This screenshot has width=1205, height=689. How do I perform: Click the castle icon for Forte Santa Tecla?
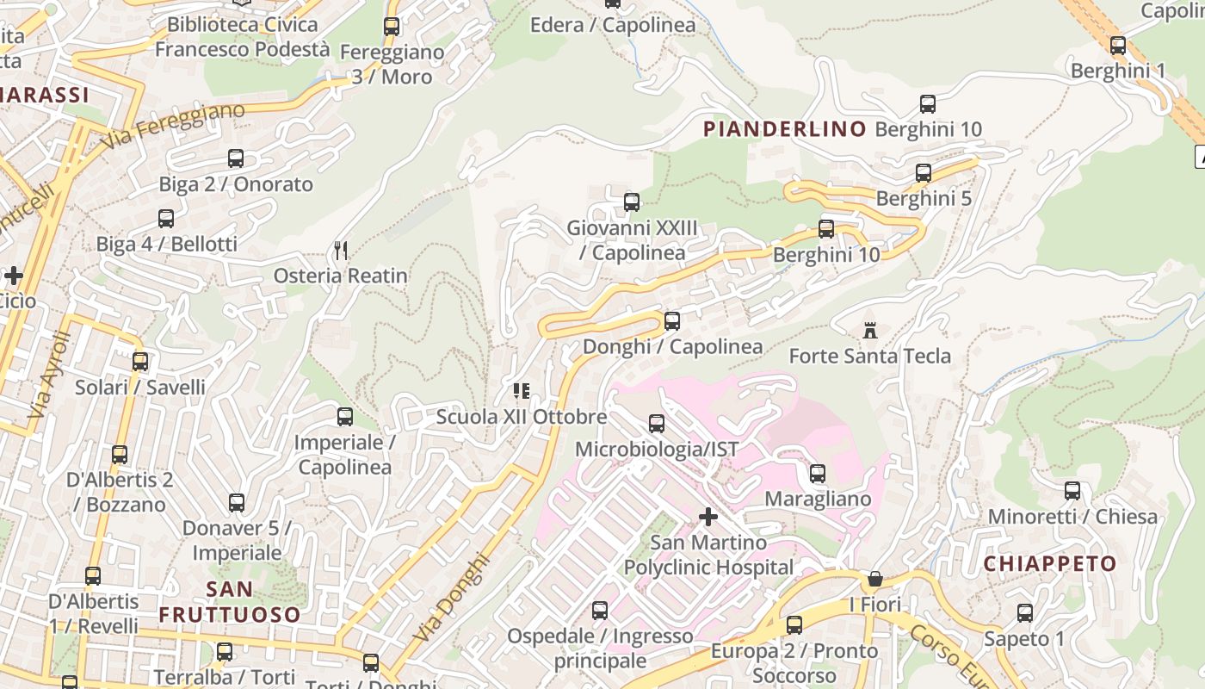pos(870,331)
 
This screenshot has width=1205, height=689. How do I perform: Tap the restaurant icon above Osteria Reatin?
pos(341,251)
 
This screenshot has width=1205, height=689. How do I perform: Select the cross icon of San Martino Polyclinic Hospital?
pos(708,517)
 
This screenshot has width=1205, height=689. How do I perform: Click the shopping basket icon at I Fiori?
pos(875,578)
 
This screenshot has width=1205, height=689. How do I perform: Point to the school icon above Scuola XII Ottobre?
pos(521,391)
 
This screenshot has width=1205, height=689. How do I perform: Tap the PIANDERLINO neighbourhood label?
pos(785,129)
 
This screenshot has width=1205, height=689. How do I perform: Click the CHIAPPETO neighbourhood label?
pos(1049,564)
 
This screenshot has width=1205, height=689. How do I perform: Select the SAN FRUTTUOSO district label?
pos(230,602)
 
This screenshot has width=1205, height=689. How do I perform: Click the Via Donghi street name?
pos(451,598)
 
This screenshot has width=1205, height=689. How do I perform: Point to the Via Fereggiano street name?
pos(173,126)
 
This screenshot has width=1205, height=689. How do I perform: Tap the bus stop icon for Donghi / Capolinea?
pos(672,321)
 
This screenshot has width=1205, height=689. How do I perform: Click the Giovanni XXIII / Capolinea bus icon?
pos(632,202)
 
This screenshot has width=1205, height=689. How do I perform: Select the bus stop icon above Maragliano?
pos(818,474)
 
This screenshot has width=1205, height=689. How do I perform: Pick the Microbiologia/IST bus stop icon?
pos(657,424)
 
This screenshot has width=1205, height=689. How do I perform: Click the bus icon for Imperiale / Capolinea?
pos(345,417)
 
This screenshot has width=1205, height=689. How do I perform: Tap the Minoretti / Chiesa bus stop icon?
pos(1072,491)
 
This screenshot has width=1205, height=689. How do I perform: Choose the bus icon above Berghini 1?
pos(1118,46)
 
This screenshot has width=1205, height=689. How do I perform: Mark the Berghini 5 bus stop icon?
pos(924,173)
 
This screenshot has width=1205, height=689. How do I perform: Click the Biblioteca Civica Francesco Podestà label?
pos(242,37)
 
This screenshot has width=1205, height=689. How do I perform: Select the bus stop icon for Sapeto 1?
pos(1025,613)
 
